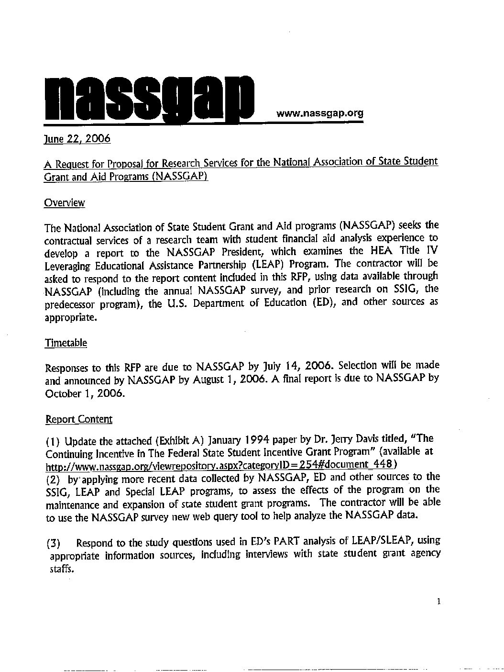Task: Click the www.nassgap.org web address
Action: [320, 114]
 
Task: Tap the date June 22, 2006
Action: [77, 139]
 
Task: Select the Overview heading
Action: [65, 203]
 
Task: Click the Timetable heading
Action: [66, 343]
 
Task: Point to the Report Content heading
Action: [79, 420]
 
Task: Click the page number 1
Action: [438, 602]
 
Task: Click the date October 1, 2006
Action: [85, 394]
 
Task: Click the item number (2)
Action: [54, 478]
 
